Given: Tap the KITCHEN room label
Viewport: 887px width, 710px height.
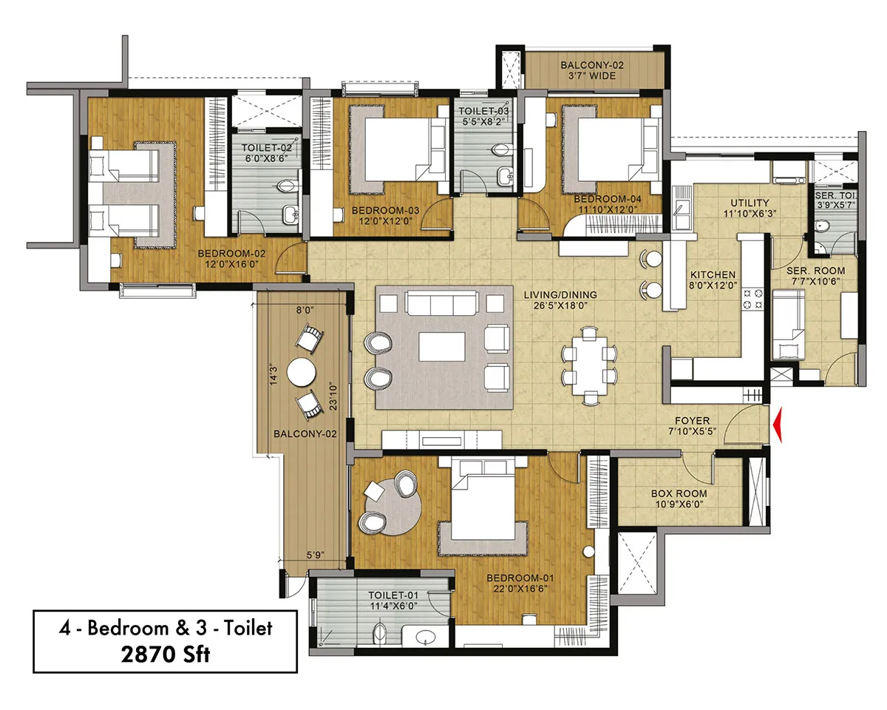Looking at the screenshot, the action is click(713, 275).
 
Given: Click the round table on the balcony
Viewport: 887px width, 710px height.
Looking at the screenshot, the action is click(302, 372).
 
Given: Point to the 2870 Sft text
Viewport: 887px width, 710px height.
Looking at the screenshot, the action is click(166, 655).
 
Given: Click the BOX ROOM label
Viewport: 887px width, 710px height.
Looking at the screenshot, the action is click(679, 493).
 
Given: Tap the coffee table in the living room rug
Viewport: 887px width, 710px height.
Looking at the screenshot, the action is click(442, 347).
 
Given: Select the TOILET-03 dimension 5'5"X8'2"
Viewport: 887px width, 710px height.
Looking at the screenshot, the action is click(483, 122).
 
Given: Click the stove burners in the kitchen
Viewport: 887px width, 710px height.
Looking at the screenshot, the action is click(752, 299).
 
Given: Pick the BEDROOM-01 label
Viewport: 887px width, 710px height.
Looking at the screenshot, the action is click(520, 578).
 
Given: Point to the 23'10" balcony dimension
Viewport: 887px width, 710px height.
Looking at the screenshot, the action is click(333, 397).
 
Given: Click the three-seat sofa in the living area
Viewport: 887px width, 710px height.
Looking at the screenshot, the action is click(441, 303).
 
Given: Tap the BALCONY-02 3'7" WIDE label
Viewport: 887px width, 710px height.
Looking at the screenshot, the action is click(592, 70).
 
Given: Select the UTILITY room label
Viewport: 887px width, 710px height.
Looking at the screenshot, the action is click(750, 203).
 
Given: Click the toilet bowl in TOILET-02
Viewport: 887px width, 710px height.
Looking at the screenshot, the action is click(288, 186).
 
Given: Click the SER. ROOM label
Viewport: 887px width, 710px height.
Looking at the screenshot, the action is click(816, 271).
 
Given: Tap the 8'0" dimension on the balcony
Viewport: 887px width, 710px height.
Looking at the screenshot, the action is click(305, 310).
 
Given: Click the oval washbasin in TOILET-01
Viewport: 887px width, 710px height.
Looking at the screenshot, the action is click(426, 638).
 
